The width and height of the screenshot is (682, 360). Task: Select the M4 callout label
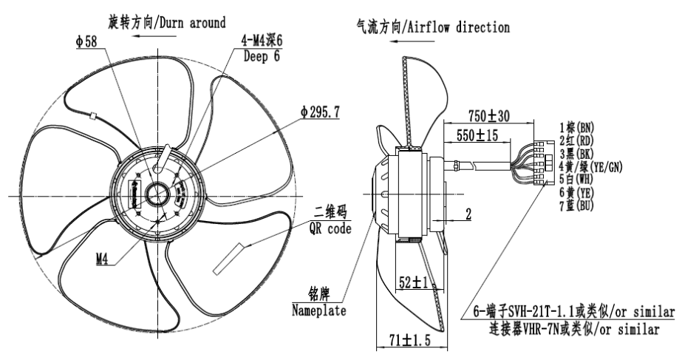click(x=106, y=260)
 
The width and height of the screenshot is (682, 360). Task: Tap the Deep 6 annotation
click(x=261, y=54)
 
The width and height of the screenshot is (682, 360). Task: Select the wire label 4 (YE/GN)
click(x=590, y=167)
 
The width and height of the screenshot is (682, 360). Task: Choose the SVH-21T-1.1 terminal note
click(x=565, y=309)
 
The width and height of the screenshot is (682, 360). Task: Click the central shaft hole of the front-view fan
click(x=157, y=194)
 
